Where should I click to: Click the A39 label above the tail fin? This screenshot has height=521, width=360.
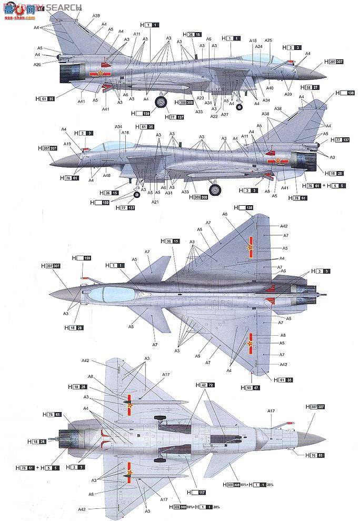coord(96,16)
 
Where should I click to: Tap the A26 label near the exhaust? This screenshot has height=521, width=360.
coord(37,64)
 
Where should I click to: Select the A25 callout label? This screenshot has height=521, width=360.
coord(268,41)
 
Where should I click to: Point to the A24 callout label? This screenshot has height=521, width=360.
coord(258,47)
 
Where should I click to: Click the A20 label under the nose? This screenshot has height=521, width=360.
coord(288,94)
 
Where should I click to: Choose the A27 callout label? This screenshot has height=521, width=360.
coord(225,115)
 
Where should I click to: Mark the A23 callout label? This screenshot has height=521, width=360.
coord(200,98)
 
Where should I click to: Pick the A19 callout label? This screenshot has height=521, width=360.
coord(67,144)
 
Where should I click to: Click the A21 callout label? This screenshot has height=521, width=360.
coord(155,202)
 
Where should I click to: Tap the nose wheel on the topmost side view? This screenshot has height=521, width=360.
coord(239,107)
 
